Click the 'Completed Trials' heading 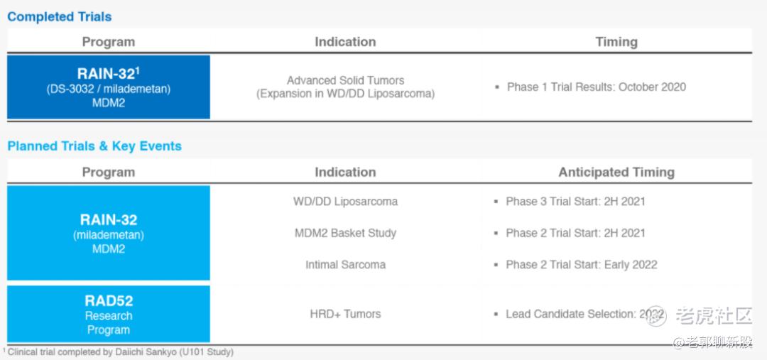[59, 16]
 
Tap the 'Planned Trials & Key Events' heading [94, 146]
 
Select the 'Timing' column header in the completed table [616, 42]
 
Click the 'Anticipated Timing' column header [616, 172]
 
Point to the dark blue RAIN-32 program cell [109, 87]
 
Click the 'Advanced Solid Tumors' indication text [345, 80]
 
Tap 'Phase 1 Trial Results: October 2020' [597, 87]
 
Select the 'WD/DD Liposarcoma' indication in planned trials [345, 202]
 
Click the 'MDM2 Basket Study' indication [345, 233]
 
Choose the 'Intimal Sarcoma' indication [345, 265]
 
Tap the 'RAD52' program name [109, 300]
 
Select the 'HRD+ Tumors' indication [345, 314]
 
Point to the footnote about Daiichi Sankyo [119, 351]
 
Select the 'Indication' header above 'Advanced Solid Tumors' [345, 42]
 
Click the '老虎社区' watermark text [714, 316]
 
